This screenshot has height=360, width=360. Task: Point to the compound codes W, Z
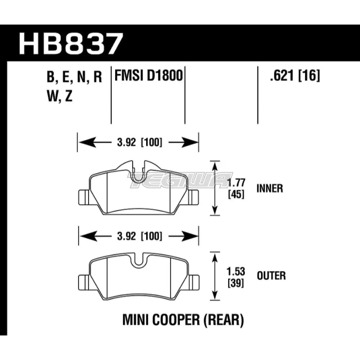click(60, 96)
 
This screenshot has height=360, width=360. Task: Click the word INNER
click(270, 188)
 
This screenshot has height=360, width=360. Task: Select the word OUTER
click(271, 276)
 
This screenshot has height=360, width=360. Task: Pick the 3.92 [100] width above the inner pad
click(138, 142)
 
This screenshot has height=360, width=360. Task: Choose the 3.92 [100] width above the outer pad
click(138, 237)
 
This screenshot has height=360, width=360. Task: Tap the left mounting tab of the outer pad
click(83, 280)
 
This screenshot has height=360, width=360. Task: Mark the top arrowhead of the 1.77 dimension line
click(215, 165)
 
